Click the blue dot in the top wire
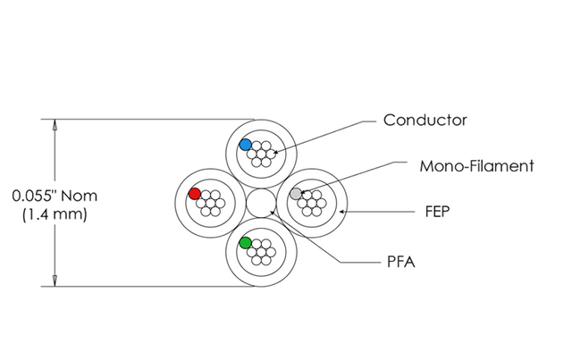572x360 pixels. point(245,144)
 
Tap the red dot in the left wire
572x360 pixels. point(195,194)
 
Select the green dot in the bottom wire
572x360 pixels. point(244,241)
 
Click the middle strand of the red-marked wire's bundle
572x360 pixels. point(211,202)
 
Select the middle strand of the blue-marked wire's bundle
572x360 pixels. point(260,153)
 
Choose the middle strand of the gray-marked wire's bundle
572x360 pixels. point(311,202)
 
